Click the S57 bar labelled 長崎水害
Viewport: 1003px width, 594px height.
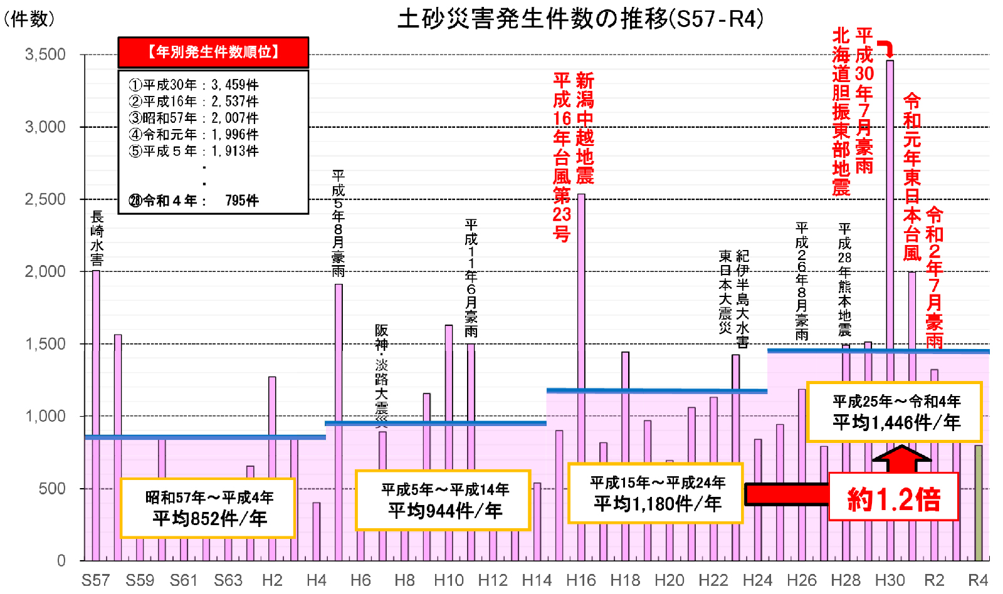coord(96,414)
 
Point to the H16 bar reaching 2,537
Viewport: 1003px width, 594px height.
coord(581,376)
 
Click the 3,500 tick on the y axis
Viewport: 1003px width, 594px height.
coord(45,55)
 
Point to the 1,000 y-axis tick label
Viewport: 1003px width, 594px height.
coord(45,416)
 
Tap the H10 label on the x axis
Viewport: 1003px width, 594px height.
coord(449,580)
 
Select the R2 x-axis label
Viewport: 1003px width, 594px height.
coord(934,580)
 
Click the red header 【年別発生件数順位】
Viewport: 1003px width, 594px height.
coord(213,52)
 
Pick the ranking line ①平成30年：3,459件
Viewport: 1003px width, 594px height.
coord(194,85)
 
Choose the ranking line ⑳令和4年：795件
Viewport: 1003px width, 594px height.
coord(194,201)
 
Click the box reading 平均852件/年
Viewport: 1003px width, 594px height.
coord(208,508)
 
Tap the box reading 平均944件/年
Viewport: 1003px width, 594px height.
coord(443,500)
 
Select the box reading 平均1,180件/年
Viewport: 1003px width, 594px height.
coord(656,493)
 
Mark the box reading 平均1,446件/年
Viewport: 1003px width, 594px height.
coord(895,412)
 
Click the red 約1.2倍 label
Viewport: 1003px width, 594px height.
coord(894,499)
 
